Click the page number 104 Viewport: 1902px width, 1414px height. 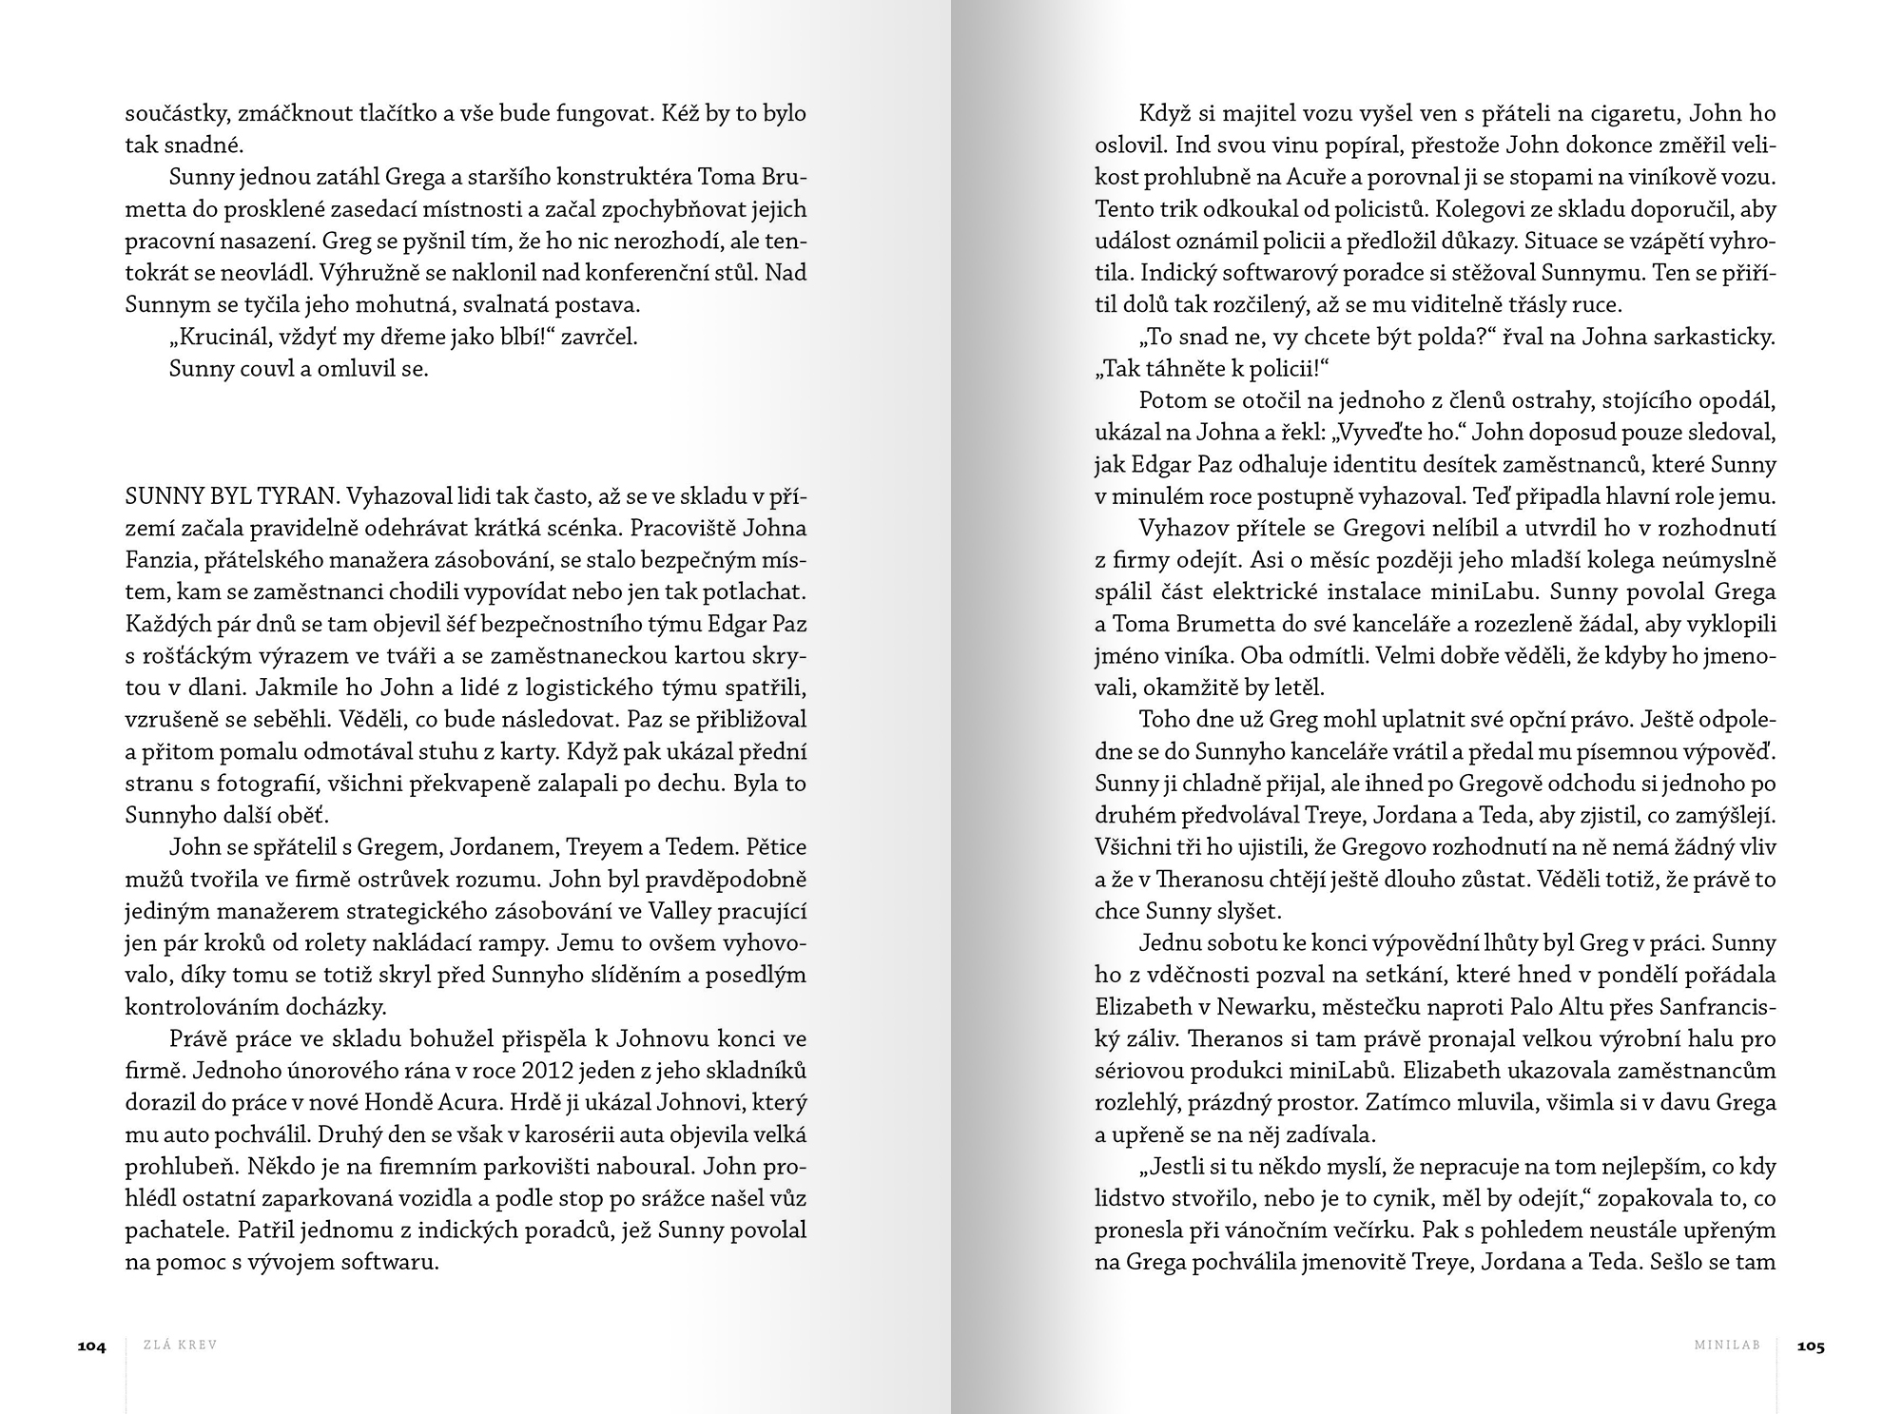[x=91, y=1346]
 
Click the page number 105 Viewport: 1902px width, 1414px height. [x=1811, y=1346]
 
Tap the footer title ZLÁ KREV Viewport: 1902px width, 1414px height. [x=180, y=1346]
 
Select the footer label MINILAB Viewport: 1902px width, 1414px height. [x=1727, y=1346]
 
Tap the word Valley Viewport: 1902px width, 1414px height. [x=677, y=912]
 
